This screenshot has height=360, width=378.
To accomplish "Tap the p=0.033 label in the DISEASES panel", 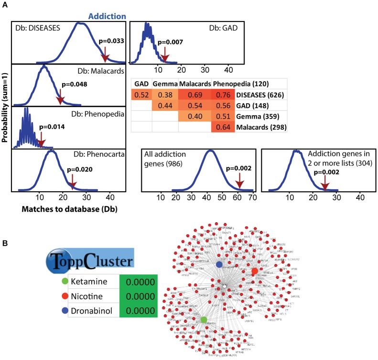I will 111,41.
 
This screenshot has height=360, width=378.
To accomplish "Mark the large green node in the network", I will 204,319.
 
